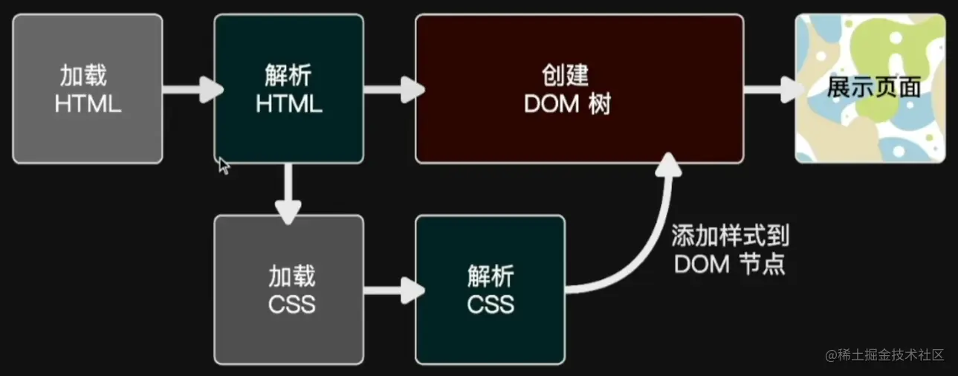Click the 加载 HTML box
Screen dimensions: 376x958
tap(88, 88)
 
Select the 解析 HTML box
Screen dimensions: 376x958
tap(289, 88)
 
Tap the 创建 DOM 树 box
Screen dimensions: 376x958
tap(579, 88)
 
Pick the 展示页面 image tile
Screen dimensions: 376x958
tap(870, 88)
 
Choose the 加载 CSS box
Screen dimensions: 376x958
tap(289, 289)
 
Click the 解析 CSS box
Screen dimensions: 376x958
tap(490, 289)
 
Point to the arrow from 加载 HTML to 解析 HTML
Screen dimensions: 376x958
tap(191, 90)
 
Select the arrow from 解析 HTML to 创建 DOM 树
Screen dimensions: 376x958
tap(392, 90)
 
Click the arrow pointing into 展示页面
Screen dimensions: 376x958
tap(772, 90)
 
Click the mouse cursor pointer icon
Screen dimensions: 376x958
tap(223, 164)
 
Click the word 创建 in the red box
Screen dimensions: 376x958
tap(566, 76)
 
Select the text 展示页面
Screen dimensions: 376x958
tap(874, 88)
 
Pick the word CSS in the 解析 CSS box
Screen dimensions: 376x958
tap(491, 304)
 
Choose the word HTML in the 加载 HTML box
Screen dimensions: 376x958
tap(88, 104)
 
